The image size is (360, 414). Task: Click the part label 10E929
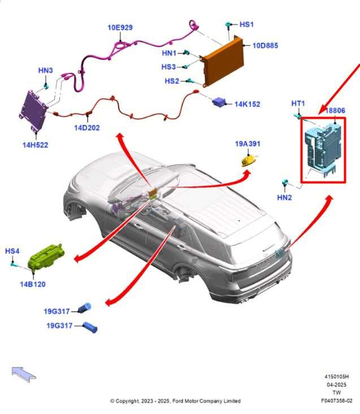point(120,28)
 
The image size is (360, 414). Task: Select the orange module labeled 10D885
point(223,61)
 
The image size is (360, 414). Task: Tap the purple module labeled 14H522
point(33,111)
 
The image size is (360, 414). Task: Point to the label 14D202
point(87,128)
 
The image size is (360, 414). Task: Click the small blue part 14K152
point(219,102)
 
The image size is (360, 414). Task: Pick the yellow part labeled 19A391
point(249,161)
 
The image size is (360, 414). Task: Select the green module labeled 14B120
point(46,256)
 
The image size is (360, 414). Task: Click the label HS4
point(12,251)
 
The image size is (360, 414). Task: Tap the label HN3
point(45,71)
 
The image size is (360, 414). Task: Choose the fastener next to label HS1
point(228,25)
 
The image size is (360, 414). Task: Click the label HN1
point(169,53)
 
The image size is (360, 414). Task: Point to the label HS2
point(172,81)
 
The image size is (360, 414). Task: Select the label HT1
point(298,103)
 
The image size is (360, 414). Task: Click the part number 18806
point(335,111)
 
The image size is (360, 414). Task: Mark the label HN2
point(284,197)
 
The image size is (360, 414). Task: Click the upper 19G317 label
point(57,312)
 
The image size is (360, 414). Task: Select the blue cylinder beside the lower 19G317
point(90,327)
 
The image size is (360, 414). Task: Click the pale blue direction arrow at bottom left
point(24,374)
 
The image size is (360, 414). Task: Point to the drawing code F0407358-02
point(336,401)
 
